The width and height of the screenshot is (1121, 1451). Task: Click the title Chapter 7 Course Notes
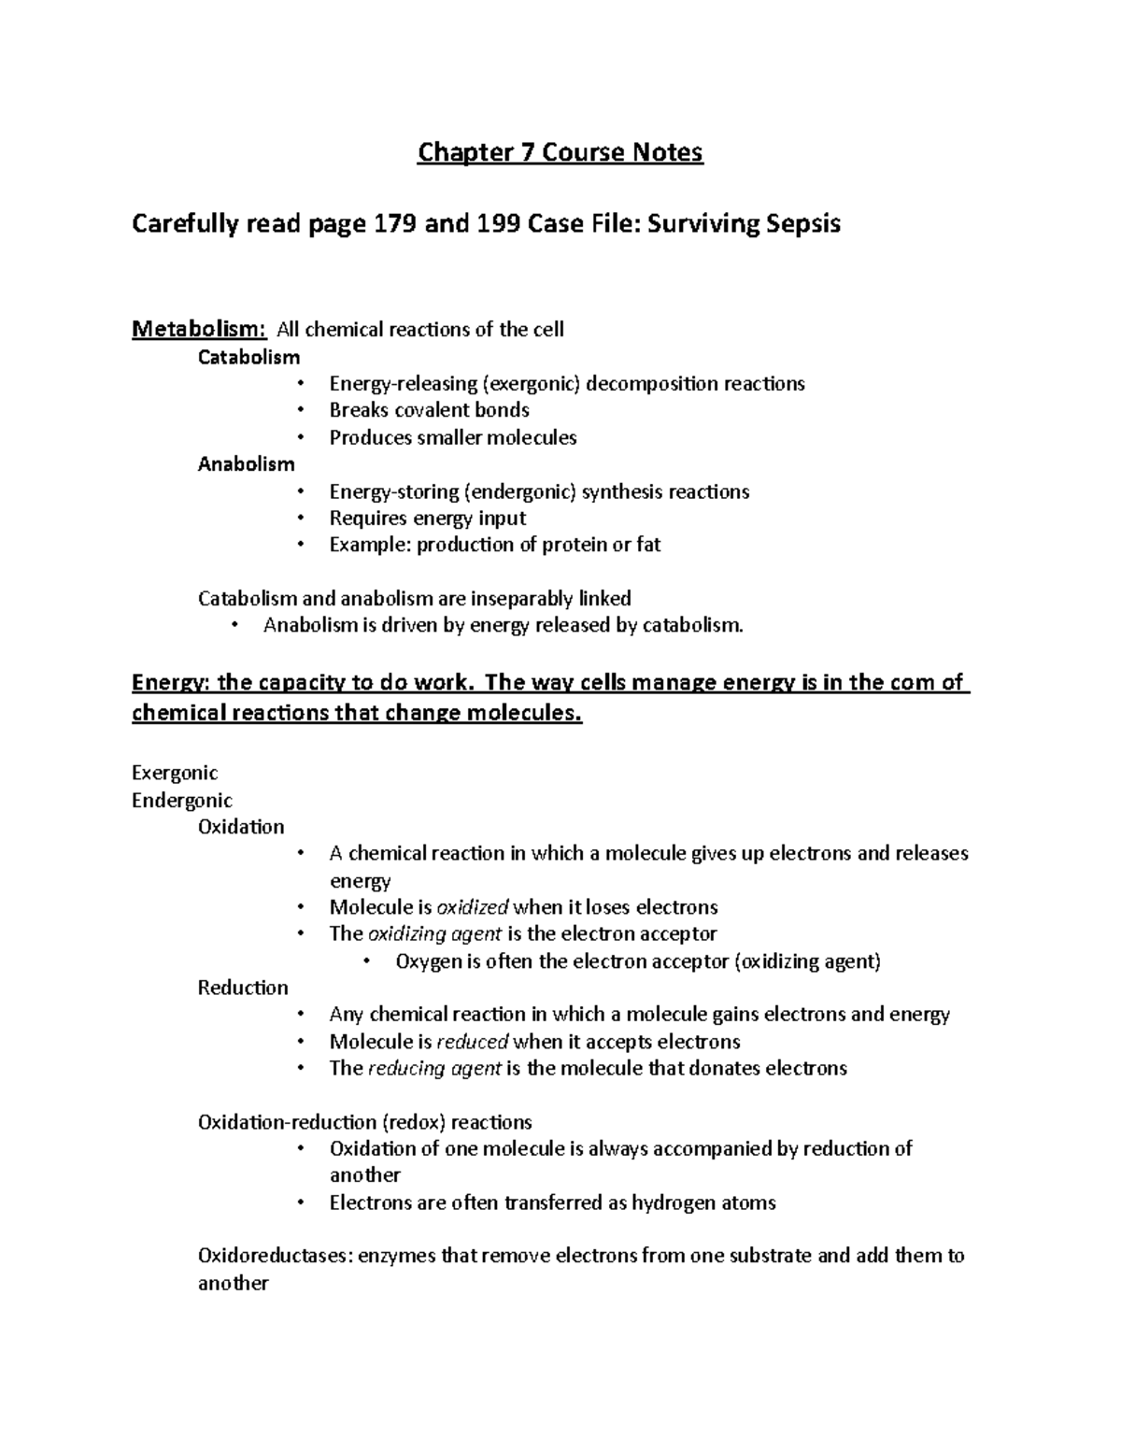coord(560,152)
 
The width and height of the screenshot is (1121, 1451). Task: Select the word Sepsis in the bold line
coord(804,224)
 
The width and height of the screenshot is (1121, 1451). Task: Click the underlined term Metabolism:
coord(199,329)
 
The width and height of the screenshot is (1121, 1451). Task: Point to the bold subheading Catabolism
coord(248,357)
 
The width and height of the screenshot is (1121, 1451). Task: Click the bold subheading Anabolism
coord(246,464)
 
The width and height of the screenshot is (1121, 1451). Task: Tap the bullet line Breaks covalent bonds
coord(429,410)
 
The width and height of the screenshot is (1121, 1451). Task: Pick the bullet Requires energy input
coord(427,519)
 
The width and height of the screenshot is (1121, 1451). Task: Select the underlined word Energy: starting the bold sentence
coord(171,683)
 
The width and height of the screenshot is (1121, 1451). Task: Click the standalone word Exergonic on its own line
coord(175,773)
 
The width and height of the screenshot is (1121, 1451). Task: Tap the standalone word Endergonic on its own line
coord(181,801)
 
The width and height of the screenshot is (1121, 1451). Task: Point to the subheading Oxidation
coord(241,827)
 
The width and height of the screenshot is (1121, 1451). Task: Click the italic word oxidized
coord(473,907)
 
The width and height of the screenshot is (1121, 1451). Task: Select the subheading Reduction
coord(243,989)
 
